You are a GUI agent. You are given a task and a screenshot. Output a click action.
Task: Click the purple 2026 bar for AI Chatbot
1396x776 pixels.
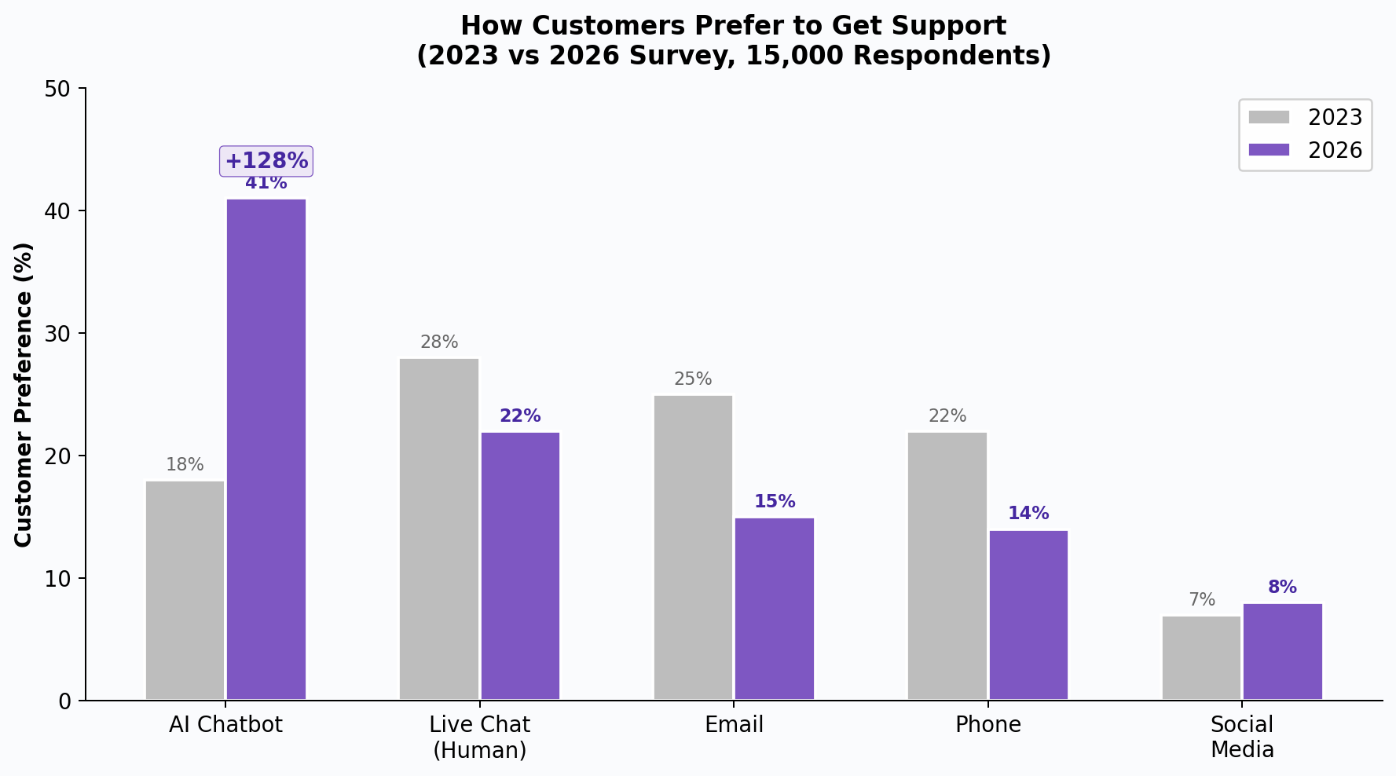coord(266,448)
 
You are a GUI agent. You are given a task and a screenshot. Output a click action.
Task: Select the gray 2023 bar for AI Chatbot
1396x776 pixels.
coord(185,590)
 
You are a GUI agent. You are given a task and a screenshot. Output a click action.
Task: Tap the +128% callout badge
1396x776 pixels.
coord(266,161)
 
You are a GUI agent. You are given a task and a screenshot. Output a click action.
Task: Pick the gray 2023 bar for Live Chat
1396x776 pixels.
coord(439,529)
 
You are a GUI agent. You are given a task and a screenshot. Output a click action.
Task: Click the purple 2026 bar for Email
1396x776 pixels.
coord(775,608)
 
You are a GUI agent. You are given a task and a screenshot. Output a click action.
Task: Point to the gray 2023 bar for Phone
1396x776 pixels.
coord(947,566)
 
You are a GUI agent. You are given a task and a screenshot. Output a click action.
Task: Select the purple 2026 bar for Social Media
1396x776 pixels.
coord(1282,651)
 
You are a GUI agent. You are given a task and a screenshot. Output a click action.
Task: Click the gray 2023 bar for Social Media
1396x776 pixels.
coord(1201,657)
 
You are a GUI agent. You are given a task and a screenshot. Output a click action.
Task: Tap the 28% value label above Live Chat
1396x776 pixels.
coord(439,342)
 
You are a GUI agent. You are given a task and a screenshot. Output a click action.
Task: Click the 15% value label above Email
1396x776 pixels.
coord(775,502)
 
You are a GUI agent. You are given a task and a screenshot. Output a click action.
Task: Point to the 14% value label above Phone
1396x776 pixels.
coord(1028,514)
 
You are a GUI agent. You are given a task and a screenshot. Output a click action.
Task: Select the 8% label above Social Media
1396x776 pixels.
coord(1282,587)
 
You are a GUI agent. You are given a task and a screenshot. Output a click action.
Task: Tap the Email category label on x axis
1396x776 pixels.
coord(734,725)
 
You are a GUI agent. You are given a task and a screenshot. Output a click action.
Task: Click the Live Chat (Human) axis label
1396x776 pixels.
coord(480,737)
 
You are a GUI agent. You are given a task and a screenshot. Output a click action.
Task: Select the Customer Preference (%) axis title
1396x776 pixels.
coord(24,394)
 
